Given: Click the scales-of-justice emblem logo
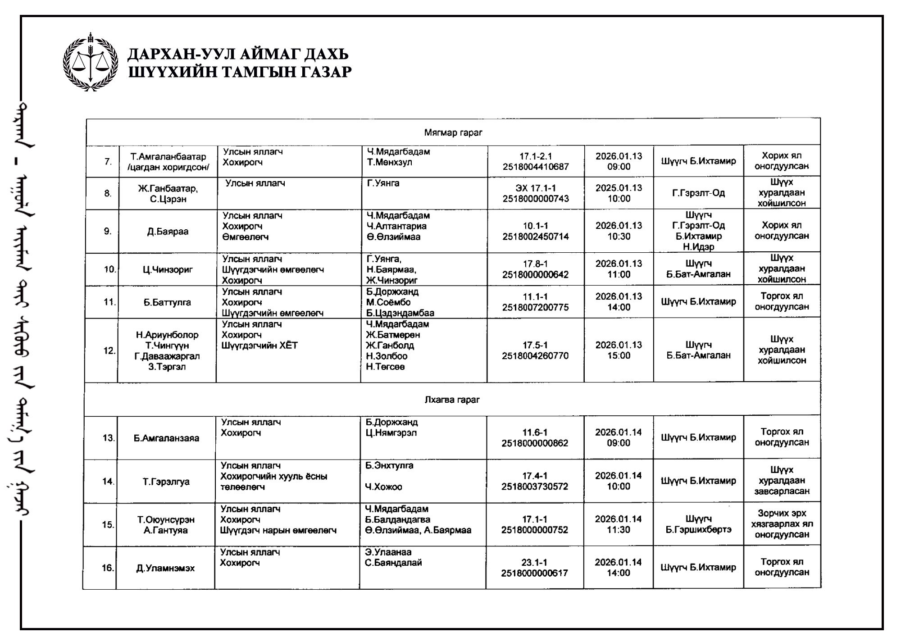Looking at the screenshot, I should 91,62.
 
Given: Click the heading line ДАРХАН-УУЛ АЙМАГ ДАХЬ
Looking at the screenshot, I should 238,55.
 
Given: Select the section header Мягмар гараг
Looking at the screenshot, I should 453,133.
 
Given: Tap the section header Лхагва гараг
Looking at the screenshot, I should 452,400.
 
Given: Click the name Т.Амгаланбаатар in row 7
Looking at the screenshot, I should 168,157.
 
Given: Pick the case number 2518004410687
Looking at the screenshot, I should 536,167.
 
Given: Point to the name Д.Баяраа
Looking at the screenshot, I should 168,232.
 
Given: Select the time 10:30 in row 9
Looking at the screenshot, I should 619,237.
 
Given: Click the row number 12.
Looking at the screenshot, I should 109,350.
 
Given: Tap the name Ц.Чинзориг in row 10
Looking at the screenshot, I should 168,270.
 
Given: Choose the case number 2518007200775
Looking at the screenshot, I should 535,308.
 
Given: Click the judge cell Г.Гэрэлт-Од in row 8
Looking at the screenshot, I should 698,193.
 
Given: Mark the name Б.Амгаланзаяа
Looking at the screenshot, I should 166,438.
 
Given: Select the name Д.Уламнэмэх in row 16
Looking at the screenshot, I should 165,568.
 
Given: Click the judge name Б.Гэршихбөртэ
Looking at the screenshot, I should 698,530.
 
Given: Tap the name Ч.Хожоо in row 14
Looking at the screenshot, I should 384,487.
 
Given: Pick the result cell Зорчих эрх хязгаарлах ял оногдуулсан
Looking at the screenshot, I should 782,524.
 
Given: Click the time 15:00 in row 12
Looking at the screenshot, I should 619,355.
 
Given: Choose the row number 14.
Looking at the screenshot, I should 108,482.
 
